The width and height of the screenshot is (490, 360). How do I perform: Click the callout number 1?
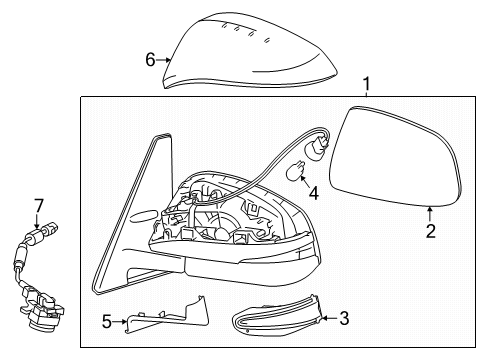(x=366, y=84)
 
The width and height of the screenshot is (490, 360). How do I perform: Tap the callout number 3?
(x=344, y=319)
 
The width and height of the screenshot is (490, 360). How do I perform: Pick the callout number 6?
(x=151, y=60)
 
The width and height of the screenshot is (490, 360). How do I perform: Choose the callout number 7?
(x=39, y=206)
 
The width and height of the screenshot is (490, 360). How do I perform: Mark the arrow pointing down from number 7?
(x=39, y=219)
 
